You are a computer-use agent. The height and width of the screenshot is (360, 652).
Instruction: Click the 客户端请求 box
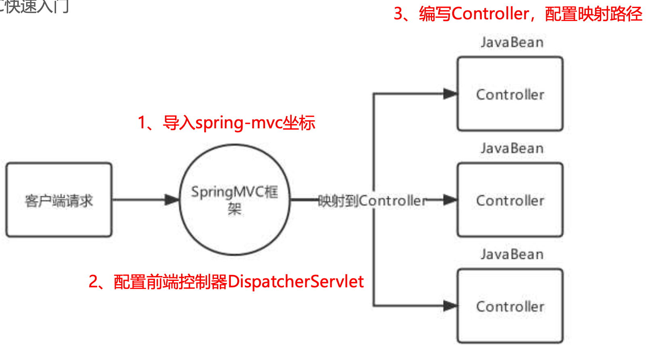tap(59, 200)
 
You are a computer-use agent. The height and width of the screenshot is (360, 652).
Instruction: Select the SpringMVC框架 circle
tap(234, 200)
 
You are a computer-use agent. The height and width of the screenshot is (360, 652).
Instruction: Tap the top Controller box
tap(510, 94)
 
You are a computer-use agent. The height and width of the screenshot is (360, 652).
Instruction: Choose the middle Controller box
tap(510, 200)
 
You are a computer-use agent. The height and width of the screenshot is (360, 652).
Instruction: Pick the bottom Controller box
tap(510, 306)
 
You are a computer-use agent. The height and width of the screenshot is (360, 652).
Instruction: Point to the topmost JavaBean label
tap(512, 42)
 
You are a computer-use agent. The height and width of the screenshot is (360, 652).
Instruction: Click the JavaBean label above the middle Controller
tap(512, 149)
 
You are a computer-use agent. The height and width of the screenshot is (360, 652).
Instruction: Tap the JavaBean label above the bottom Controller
tap(512, 254)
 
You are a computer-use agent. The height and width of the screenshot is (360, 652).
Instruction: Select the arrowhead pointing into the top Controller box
tap(450, 94)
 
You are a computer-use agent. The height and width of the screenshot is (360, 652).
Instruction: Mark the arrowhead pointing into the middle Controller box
tap(450, 200)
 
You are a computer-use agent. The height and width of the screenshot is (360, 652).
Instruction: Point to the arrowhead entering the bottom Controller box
tap(450, 306)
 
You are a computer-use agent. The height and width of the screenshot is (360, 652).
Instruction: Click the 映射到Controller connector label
tap(372, 201)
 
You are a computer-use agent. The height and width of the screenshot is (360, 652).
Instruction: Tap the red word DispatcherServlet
tap(296, 282)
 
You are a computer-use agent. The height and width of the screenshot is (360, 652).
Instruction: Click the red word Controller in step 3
tap(490, 14)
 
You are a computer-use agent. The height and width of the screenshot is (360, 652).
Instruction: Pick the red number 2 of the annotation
tap(93, 282)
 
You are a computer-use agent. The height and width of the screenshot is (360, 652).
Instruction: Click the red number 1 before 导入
tap(142, 123)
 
